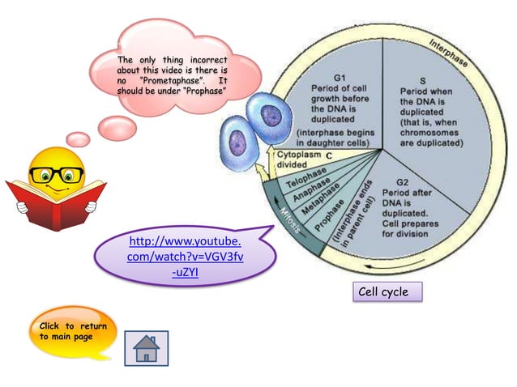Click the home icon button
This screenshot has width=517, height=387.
[x=146, y=348]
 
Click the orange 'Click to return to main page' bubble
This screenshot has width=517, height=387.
[x=74, y=332]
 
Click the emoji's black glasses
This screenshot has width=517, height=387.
[x=56, y=173]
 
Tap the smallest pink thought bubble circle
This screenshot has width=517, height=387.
[x=79, y=139]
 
